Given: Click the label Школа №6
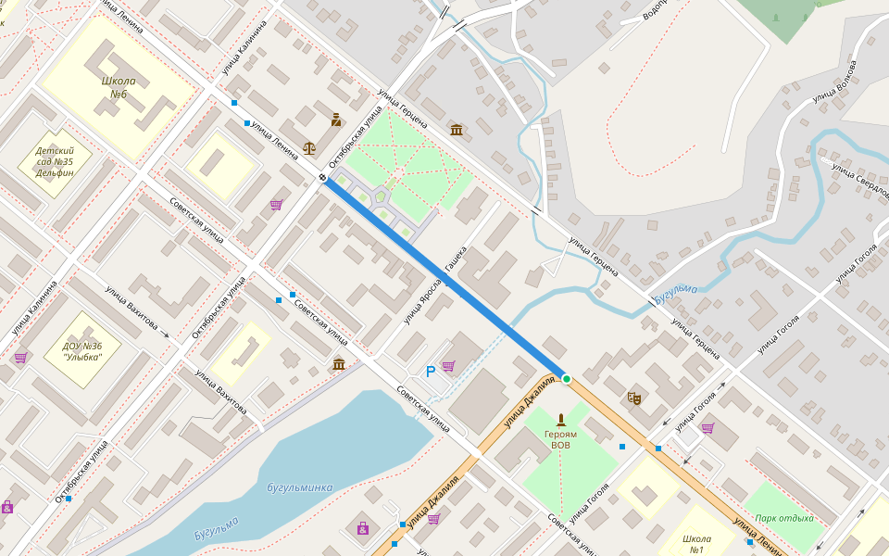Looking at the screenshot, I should (x=119, y=87).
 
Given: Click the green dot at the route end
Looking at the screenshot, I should (x=567, y=379).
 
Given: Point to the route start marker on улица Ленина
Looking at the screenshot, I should (x=322, y=178).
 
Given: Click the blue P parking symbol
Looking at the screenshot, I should (x=430, y=372).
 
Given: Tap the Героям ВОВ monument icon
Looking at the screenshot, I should (x=560, y=420).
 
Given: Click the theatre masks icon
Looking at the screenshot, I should (x=634, y=398).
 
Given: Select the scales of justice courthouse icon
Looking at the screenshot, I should (x=309, y=146).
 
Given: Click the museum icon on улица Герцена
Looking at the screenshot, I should (x=457, y=129).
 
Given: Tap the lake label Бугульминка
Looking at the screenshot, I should (x=299, y=487).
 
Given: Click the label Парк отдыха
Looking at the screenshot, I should (x=783, y=518).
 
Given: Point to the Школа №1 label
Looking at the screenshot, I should (x=696, y=544).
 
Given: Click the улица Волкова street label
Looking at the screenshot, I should (x=834, y=81).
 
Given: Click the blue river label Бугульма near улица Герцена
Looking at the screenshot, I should (x=674, y=294).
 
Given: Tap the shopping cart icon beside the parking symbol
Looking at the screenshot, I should (x=448, y=366).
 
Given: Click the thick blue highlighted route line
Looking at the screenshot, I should (x=444, y=278).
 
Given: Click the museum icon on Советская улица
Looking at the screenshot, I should (x=339, y=363).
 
